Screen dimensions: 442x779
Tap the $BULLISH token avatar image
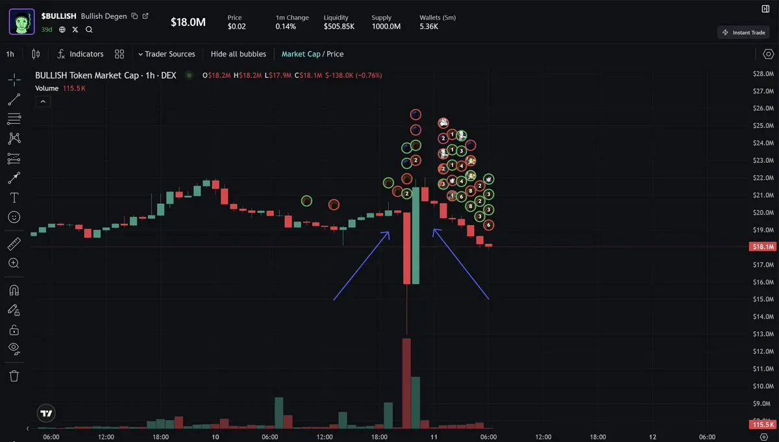click(21, 21)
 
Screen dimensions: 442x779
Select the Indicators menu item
click(80, 54)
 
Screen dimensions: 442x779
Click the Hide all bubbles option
click(238, 54)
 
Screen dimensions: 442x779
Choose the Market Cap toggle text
click(301, 54)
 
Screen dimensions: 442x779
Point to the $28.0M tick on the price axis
click(763, 73)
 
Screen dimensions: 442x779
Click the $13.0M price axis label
click(763, 334)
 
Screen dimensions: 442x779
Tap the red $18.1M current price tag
click(762, 247)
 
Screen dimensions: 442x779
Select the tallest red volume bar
click(406, 383)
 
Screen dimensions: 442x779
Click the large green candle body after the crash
click(415, 236)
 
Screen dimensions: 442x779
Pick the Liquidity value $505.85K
click(339, 27)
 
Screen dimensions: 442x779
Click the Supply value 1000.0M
click(386, 27)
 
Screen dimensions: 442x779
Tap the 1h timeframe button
click(10, 54)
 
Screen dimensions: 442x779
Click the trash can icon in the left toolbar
click(14, 376)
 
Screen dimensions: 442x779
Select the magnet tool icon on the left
click(14, 290)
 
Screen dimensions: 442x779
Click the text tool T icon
click(14, 197)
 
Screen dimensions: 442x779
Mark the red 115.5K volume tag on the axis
click(762, 424)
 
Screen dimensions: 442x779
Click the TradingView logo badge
click(46, 413)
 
